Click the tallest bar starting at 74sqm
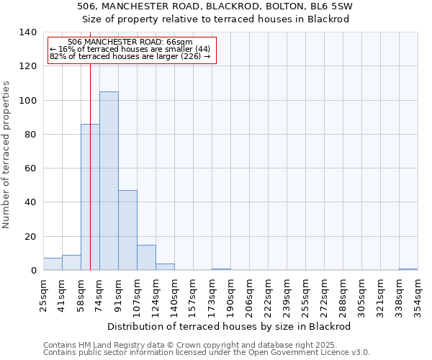point(109,181)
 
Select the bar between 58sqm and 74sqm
point(90,197)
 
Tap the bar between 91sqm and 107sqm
point(127,230)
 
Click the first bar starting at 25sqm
point(53,264)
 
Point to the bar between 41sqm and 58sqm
point(71,263)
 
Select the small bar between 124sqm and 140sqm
point(165,267)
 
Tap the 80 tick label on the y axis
point(32,135)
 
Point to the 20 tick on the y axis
point(32,237)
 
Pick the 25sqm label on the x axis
point(44,294)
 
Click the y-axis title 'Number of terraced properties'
point(6,154)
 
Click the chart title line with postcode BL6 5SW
point(215,6)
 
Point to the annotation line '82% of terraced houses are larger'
point(130,56)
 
